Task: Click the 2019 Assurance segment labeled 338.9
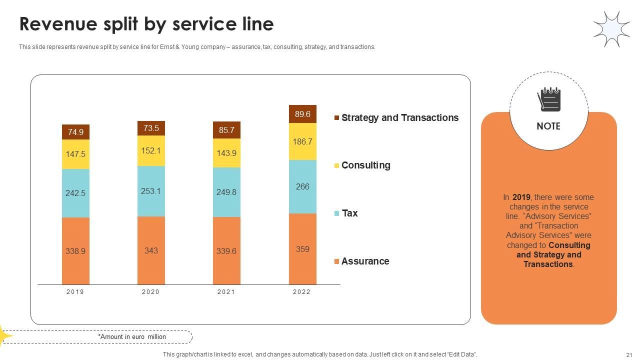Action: click(75, 251)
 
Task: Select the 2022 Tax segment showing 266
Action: click(302, 186)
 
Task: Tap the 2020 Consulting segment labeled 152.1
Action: click(151, 150)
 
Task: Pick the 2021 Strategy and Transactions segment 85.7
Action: click(226, 130)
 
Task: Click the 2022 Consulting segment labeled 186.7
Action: click(302, 141)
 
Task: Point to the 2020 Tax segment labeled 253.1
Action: click(151, 191)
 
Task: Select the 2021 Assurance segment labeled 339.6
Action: click(226, 251)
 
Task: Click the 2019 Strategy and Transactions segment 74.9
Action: click(75, 132)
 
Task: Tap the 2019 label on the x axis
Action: click(75, 292)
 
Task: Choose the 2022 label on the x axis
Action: click(302, 292)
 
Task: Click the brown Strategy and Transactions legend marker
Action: click(337, 118)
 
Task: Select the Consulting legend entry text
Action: click(365, 165)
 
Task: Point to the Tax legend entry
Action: click(349, 213)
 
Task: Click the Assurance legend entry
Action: click(365, 261)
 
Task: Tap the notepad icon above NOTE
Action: click(548, 99)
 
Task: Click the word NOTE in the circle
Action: click(548, 126)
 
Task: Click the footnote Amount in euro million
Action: click(132, 337)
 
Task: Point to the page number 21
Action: click(629, 354)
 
